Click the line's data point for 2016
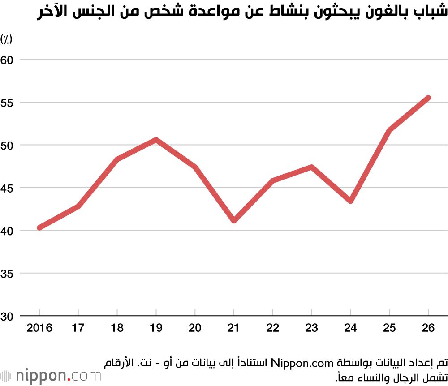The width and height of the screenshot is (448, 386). point(39,227)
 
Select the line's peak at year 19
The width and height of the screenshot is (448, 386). point(156,140)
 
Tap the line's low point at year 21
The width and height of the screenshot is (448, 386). point(234,221)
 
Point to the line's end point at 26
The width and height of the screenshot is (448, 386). point(428,98)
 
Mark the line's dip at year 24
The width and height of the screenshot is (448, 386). point(350,201)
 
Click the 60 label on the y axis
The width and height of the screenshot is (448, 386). point(8,60)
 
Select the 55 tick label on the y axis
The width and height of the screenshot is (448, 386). point(8,103)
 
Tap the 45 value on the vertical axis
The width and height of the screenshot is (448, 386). point(8,188)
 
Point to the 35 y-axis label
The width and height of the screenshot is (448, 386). point(8,274)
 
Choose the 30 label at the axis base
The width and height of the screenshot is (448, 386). point(8,316)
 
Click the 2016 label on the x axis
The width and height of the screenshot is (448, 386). point(39,328)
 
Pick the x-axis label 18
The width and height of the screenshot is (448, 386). point(117,328)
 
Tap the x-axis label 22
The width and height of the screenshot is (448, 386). point(272,328)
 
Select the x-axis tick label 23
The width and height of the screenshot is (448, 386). point(311,328)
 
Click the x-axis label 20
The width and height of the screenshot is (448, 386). point(195,328)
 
